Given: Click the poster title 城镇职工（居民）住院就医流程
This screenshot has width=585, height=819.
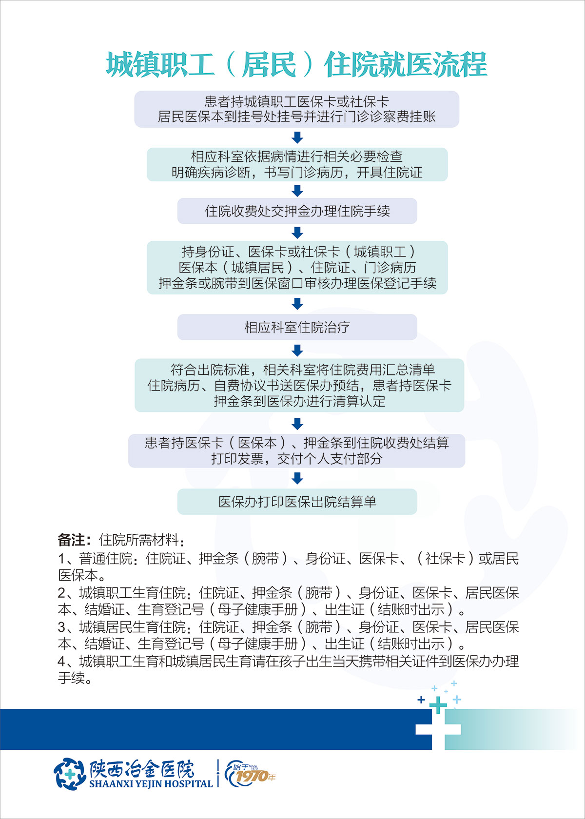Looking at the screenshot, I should click(296, 65).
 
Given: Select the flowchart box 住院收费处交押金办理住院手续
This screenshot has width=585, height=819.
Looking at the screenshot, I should click(297, 211).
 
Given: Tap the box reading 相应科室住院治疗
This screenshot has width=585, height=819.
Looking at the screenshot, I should click(297, 327).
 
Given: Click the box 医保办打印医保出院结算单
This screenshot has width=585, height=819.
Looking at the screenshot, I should click(297, 502).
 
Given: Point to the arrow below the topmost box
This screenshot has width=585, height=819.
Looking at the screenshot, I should click(297, 137).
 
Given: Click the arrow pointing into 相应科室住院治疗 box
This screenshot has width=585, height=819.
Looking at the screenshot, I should click(297, 304).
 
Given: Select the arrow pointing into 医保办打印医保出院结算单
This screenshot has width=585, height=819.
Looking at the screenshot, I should click(297, 478).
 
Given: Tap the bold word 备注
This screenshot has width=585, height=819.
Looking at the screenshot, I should click(71, 540).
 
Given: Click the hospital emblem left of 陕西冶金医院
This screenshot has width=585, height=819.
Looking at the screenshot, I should click(69, 774).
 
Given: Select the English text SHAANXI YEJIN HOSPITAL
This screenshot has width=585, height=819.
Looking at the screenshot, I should click(151, 784).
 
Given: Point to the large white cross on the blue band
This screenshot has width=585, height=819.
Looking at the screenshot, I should click(438, 729).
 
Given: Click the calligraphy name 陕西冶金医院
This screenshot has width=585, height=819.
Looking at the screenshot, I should click(142, 769).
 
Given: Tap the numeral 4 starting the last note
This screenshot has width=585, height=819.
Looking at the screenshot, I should click(61, 662).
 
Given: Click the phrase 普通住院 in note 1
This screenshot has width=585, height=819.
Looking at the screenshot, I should click(106, 559).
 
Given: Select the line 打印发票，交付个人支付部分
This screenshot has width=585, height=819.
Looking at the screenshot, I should click(296, 459).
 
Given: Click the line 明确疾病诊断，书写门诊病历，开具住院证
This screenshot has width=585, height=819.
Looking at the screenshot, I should click(297, 173).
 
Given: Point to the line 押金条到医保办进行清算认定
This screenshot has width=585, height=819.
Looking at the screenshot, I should click(299, 401).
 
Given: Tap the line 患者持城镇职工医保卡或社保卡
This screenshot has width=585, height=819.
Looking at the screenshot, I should click(296, 101).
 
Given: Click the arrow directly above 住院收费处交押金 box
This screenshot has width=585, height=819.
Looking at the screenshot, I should click(297, 191).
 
